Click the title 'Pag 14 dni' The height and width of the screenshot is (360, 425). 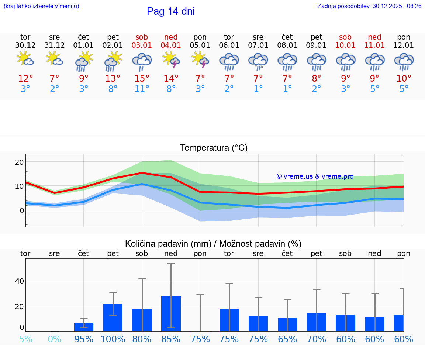click(x=170, y=11)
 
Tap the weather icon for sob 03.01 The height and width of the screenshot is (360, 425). click(x=142, y=61)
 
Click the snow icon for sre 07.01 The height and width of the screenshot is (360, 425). click(x=258, y=61)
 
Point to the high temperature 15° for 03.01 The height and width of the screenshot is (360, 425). click(x=142, y=79)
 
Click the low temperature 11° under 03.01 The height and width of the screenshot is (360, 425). click(x=142, y=89)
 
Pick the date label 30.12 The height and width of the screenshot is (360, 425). click(x=25, y=45)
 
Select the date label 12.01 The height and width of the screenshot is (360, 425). click(x=404, y=45)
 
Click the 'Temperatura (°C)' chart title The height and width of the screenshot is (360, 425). click(x=214, y=148)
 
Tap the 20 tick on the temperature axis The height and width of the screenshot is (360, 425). click(x=19, y=162)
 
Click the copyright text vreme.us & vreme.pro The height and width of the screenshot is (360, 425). click(x=315, y=176)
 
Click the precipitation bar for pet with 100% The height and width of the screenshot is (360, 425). click(x=113, y=317)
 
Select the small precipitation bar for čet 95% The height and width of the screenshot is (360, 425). click(x=84, y=327)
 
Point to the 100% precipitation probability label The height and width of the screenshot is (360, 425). click(x=113, y=339)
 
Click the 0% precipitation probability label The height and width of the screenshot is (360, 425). click(x=55, y=339)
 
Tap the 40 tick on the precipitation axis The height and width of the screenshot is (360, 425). click(x=19, y=281)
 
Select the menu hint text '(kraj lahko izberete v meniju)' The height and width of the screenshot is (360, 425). click(x=41, y=6)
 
